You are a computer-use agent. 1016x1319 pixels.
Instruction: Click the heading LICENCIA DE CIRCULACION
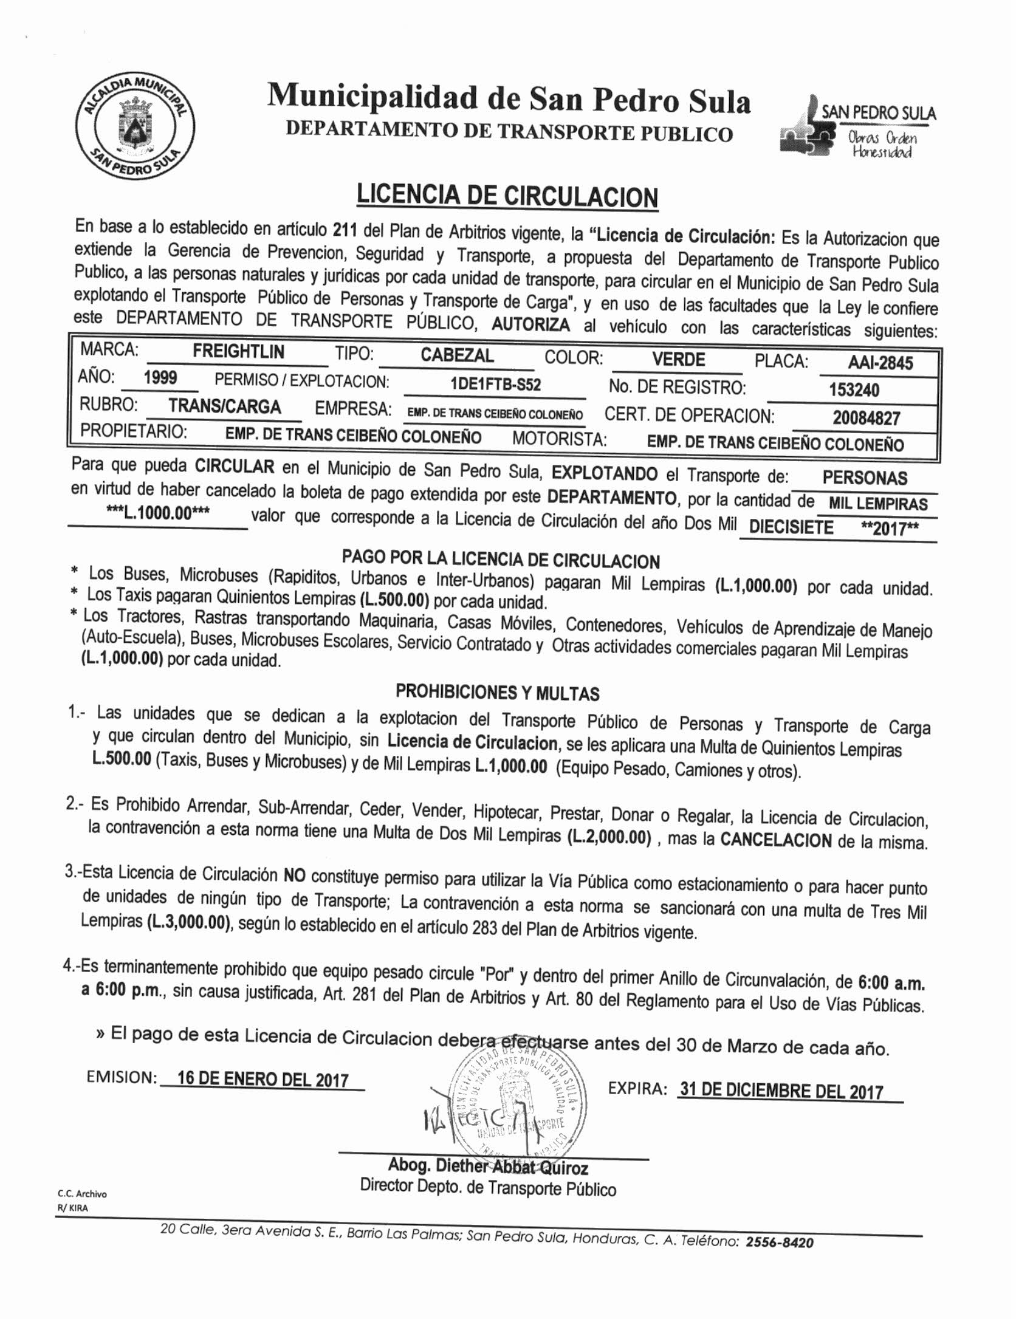[x=507, y=196]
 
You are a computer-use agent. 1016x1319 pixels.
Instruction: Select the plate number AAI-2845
[x=880, y=363]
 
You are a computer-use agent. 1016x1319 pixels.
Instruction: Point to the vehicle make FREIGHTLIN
[x=238, y=351]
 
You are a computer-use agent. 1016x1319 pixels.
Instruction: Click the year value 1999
[x=160, y=378]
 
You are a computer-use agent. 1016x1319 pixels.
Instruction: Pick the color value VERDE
[x=678, y=359]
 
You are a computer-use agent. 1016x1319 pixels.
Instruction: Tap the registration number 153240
[x=854, y=389]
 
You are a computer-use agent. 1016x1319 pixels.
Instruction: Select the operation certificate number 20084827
[x=866, y=417]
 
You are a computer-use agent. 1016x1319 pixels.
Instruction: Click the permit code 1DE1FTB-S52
[x=495, y=385]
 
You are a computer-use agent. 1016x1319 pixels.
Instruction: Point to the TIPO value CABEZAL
[x=457, y=355]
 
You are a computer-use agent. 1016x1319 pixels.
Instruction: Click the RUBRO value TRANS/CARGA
[x=224, y=406]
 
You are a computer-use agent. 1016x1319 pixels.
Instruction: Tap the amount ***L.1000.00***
[x=158, y=513]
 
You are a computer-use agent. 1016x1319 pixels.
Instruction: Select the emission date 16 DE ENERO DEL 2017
[x=263, y=1079]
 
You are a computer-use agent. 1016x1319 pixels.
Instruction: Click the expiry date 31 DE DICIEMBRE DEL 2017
[x=781, y=1091]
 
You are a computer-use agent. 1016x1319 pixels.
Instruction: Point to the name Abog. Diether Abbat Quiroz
[x=488, y=1167]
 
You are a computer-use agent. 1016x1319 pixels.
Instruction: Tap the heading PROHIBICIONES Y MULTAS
[x=497, y=692]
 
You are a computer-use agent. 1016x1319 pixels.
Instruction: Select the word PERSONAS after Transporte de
[x=864, y=478]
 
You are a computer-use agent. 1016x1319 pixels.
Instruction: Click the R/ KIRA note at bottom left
[x=72, y=1208]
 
